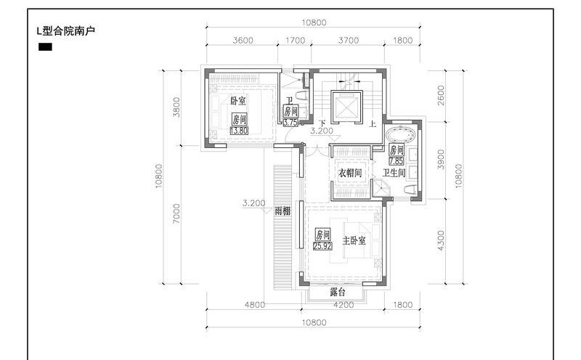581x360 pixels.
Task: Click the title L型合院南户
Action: [66, 30]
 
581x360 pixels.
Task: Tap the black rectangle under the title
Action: [45, 47]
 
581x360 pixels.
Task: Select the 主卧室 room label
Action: [354, 241]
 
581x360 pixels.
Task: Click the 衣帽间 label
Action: [350, 173]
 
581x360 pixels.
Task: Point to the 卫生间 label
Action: [394, 173]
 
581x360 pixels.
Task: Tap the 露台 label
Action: [338, 292]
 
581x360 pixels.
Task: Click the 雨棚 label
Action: [283, 211]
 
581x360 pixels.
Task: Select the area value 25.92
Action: [322, 245]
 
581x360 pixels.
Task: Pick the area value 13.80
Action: [239, 131]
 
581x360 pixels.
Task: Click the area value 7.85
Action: [396, 161]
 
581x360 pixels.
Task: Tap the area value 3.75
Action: [290, 122]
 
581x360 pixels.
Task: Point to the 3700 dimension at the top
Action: [349, 40]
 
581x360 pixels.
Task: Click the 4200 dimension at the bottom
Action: [344, 304]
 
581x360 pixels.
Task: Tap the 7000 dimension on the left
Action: [176, 213]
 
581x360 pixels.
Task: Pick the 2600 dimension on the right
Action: [441, 95]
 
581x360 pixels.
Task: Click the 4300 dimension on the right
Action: [441, 240]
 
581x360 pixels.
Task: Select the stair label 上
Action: [373, 123]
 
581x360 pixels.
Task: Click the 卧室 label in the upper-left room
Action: [238, 101]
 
